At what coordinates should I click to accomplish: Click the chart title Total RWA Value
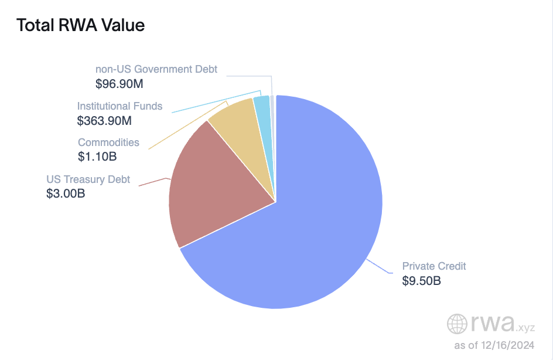[80, 25]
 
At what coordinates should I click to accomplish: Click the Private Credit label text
[433, 266]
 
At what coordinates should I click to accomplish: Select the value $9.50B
[421, 281]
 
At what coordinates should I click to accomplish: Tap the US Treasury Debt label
[88, 179]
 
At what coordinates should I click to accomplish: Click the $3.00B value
[66, 193]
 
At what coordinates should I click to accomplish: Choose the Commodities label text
[108, 142]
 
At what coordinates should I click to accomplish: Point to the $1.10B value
[97, 157]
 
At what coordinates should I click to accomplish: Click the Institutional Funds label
[120, 106]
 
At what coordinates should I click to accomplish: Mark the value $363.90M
[104, 121]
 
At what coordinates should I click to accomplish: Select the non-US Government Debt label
[156, 69]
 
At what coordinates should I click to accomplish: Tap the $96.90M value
[120, 84]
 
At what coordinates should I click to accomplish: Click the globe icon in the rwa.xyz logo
[458, 324]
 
